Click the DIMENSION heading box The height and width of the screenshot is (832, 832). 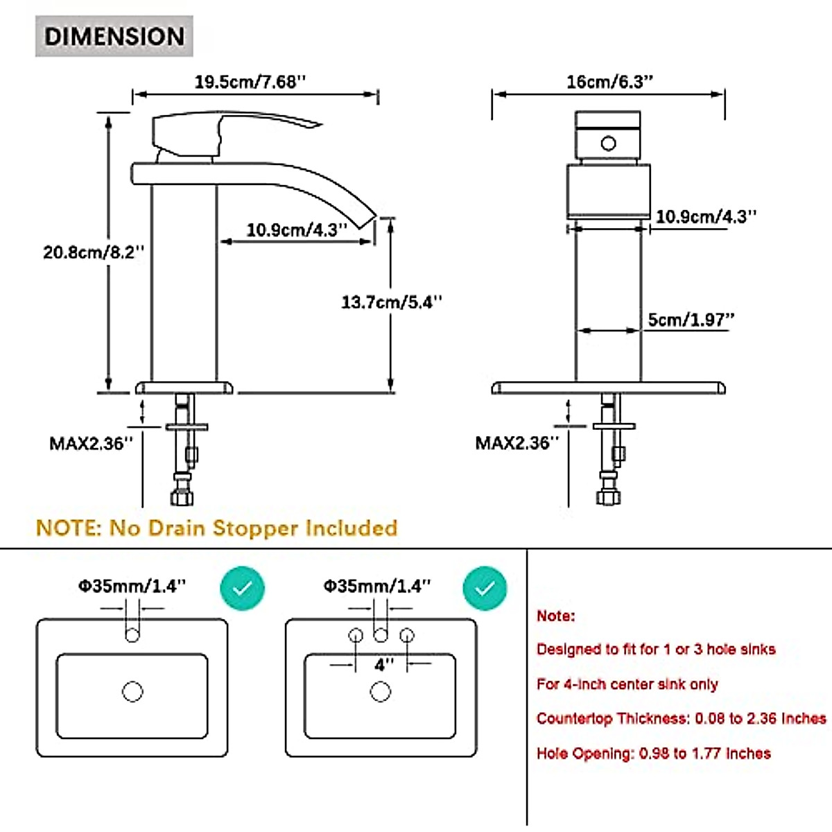click(114, 36)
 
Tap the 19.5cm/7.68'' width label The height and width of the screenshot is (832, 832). click(250, 82)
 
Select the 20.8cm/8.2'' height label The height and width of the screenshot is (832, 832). click(94, 252)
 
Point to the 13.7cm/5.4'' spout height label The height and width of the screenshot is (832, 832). click(392, 302)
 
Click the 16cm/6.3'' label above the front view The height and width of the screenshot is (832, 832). click(609, 82)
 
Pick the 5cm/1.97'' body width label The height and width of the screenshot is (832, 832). click(691, 320)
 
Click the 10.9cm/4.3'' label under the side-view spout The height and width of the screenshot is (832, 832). click(297, 229)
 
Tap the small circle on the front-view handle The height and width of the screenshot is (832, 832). click(608, 144)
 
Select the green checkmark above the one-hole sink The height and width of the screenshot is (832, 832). click(242, 588)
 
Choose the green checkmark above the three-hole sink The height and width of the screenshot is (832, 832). click(485, 588)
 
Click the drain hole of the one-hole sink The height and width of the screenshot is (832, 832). click(132, 691)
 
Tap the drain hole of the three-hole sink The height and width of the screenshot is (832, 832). click(381, 691)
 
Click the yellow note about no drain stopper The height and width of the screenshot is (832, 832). click(217, 528)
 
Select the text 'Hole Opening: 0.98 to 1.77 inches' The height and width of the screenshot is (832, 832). click(654, 754)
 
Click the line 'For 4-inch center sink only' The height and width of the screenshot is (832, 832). click(627, 684)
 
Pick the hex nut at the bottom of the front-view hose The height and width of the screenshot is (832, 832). click(608, 497)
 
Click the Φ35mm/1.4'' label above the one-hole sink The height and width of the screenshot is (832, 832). click(132, 586)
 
